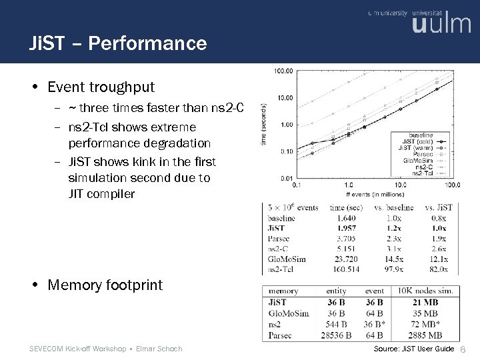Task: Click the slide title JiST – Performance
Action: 118,44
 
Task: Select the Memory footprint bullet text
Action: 105,285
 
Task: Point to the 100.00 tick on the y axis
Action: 284,71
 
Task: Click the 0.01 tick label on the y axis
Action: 285,178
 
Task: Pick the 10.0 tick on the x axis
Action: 400,184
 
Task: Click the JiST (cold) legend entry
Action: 417,142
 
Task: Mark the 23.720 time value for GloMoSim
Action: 347,259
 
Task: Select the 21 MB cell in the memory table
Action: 425,303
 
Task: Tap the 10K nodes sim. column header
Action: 425,291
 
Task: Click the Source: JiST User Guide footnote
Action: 414,349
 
